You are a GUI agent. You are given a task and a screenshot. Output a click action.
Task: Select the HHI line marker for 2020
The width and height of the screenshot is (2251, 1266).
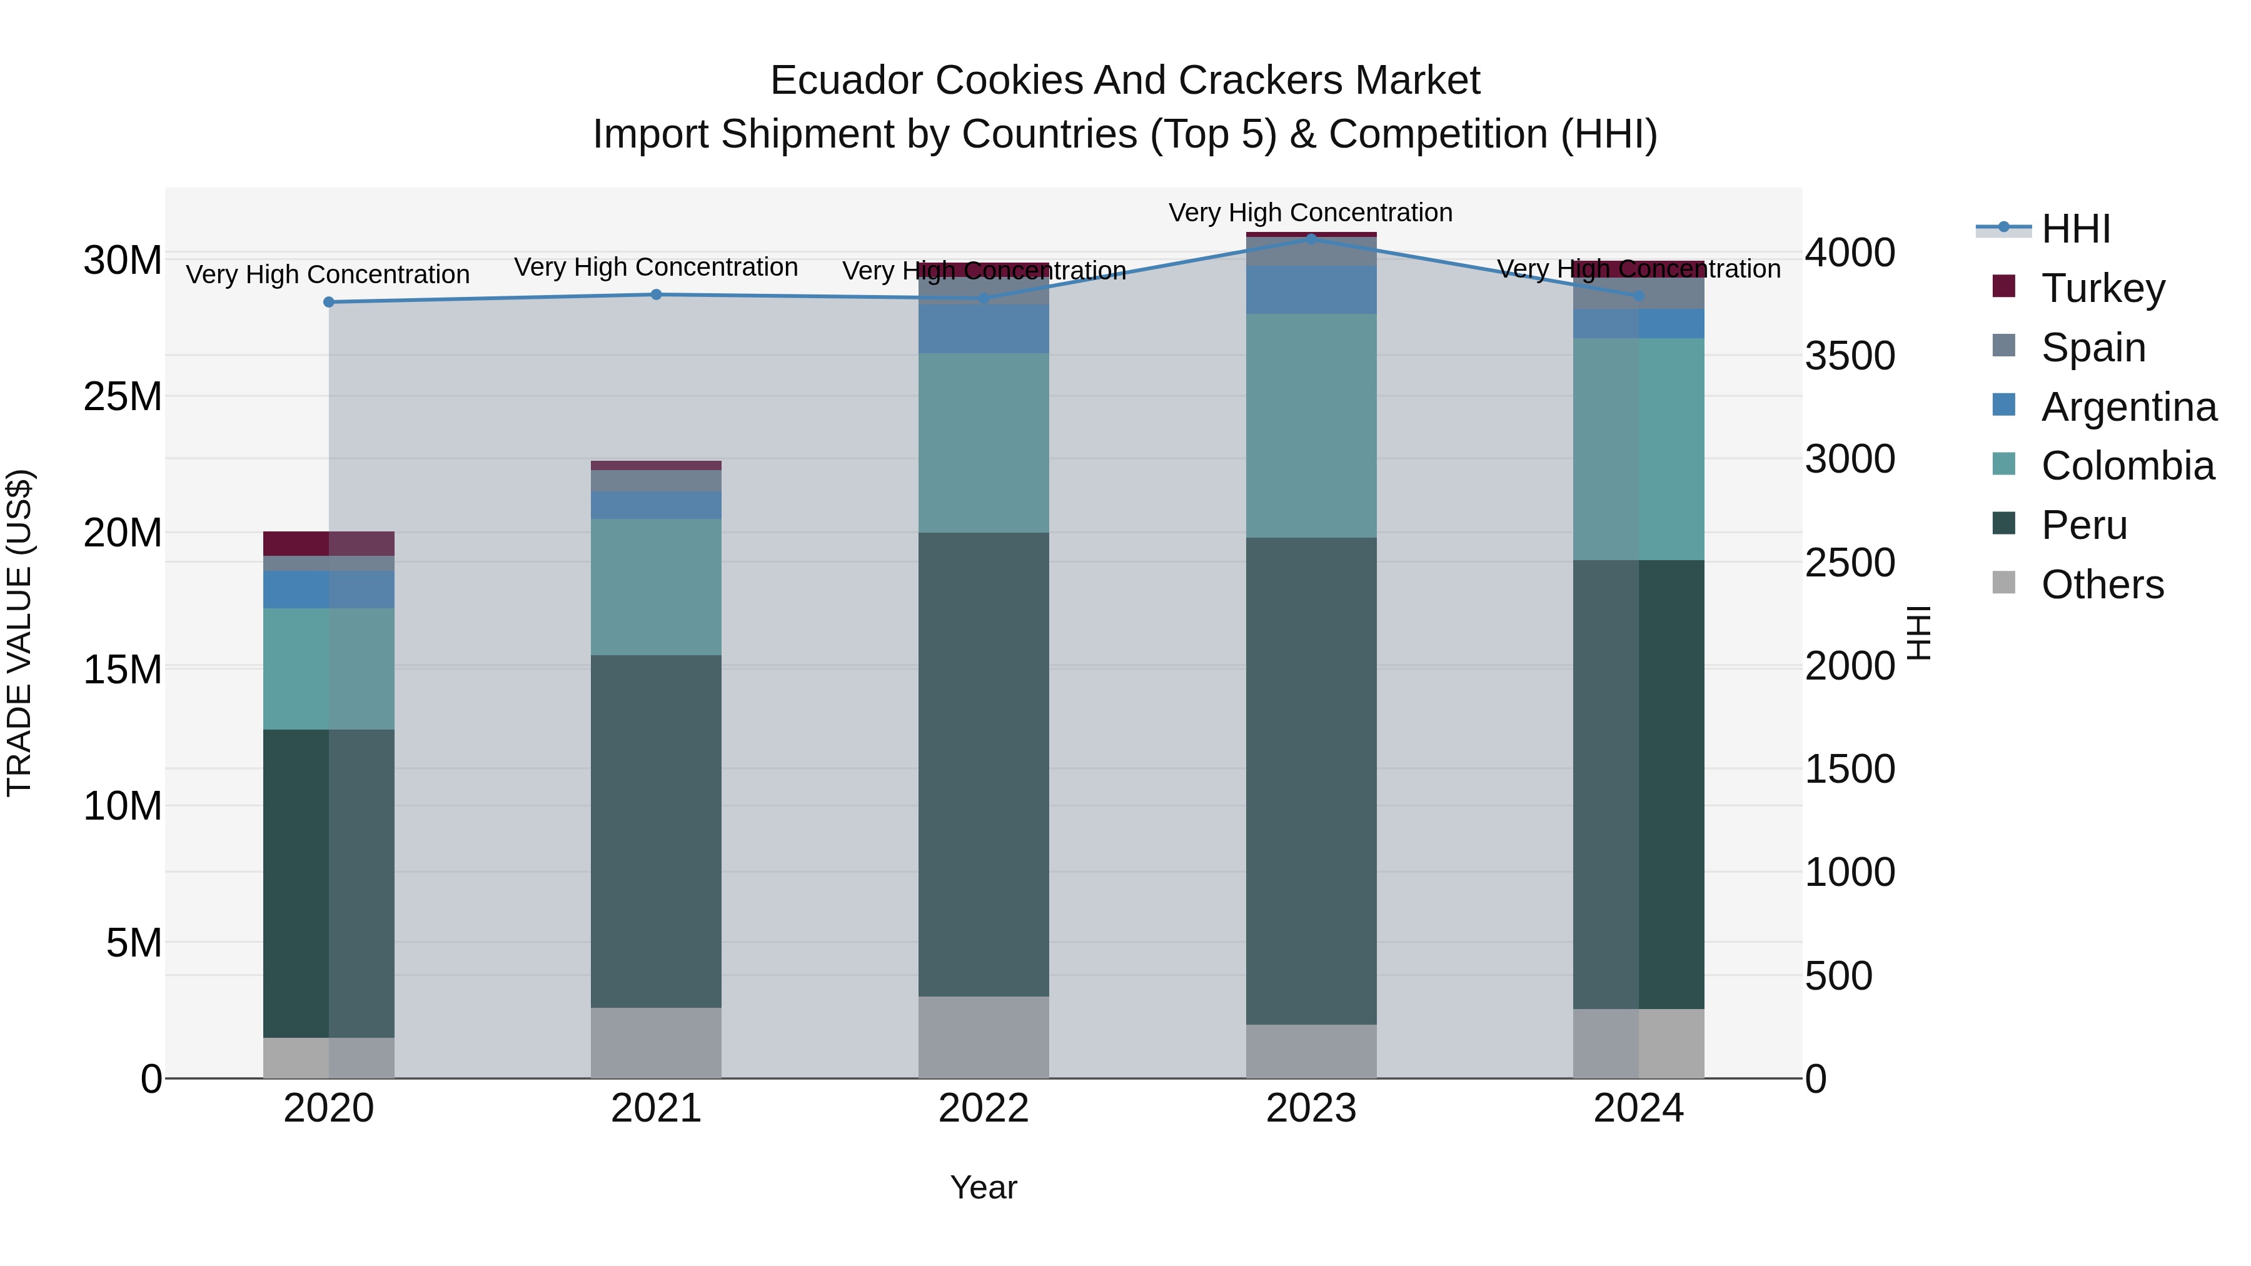(x=328, y=303)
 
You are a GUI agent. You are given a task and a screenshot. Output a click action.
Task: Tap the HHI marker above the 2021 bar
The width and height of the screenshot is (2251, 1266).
(x=657, y=294)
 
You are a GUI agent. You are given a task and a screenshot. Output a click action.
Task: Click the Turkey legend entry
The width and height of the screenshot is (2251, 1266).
(x=2102, y=288)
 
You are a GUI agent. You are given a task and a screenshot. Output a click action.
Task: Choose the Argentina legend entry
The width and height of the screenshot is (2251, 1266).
(x=2128, y=407)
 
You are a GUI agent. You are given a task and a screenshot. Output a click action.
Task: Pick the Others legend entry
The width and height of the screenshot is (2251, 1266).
(x=2102, y=585)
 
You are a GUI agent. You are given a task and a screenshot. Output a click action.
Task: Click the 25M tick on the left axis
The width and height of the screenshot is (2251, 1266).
(x=123, y=396)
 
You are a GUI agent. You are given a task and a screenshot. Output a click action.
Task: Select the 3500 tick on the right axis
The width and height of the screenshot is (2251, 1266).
(x=1850, y=356)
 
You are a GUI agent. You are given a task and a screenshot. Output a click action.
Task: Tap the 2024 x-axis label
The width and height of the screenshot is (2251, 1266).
(x=1638, y=1108)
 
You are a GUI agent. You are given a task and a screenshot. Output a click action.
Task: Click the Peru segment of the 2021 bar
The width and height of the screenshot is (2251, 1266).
(x=657, y=831)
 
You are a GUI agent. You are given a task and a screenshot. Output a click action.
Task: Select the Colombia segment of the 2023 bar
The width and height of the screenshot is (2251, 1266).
(x=1311, y=426)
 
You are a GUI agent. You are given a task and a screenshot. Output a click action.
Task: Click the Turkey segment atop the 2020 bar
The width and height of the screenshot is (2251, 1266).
(x=328, y=543)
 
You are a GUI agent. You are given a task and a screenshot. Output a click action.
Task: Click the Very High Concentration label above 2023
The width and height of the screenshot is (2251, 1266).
(x=1311, y=213)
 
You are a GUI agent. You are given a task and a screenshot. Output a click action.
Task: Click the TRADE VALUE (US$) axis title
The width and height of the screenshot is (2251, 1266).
(x=19, y=633)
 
